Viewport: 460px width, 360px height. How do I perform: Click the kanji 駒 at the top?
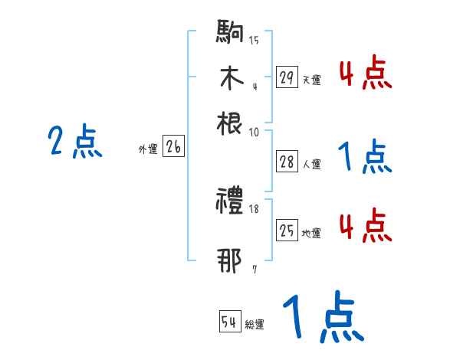[x=231, y=34]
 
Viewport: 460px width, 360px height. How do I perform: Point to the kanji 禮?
[x=231, y=202]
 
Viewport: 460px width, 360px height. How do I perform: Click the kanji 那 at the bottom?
[x=231, y=261]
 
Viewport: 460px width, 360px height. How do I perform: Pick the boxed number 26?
[x=173, y=148]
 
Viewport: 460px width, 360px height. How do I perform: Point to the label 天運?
[x=311, y=79]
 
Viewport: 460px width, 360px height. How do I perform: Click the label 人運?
[x=311, y=163]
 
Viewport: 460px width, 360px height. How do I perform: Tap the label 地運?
[x=311, y=234]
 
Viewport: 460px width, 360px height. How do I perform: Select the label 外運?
[x=148, y=150]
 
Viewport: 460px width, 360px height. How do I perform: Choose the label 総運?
[x=255, y=325]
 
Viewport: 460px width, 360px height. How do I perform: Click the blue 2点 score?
[x=74, y=143]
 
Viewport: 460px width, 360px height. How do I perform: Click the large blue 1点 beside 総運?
[x=321, y=317]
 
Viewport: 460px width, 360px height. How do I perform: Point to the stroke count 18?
[x=255, y=209]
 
